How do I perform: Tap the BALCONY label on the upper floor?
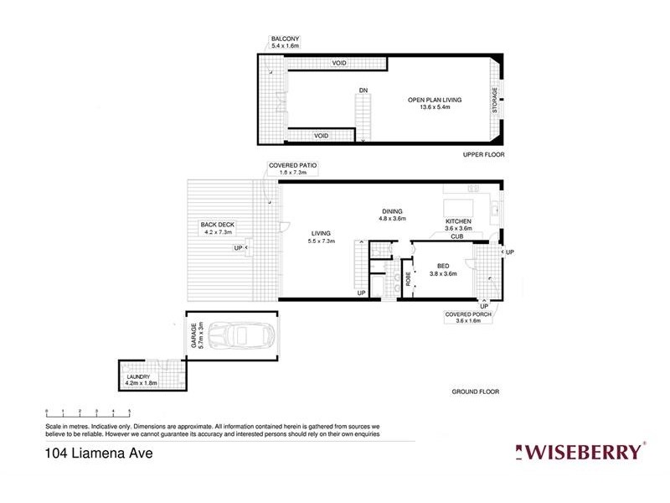point(285,39)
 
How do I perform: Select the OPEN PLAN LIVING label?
point(435,101)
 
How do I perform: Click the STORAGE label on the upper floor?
point(495,101)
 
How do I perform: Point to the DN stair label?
point(363,89)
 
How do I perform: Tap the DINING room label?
point(393,211)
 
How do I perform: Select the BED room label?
point(443,265)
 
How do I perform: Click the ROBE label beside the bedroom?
point(409,278)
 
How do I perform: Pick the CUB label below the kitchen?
point(457,237)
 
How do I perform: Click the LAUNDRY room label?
point(138,377)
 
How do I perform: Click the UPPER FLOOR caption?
point(483,155)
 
